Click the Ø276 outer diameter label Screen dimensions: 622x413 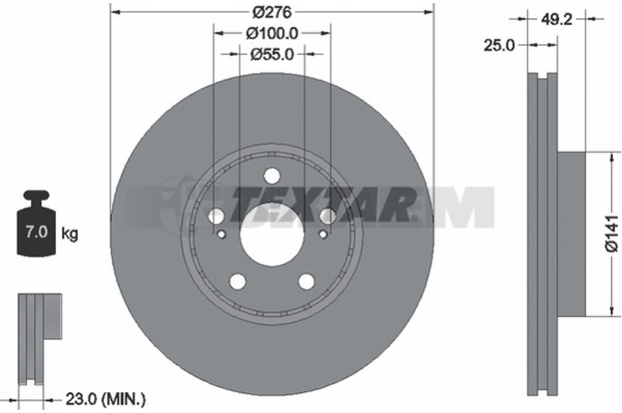pyautogui.click(x=272, y=12)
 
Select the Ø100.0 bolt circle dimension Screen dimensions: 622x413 pyautogui.click(x=271, y=33)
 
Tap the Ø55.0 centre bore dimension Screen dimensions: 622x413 pyautogui.click(x=272, y=54)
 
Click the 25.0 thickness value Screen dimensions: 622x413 pyautogui.click(x=498, y=46)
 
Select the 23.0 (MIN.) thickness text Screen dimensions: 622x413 pyautogui.click(x=105, y=400)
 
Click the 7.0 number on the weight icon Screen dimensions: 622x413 pyautogui.click(x=37, y=231)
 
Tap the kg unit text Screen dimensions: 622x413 pyautogui.click(x=70, y=234)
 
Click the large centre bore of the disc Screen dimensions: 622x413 pyautogui.click(x=272, y=234)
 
